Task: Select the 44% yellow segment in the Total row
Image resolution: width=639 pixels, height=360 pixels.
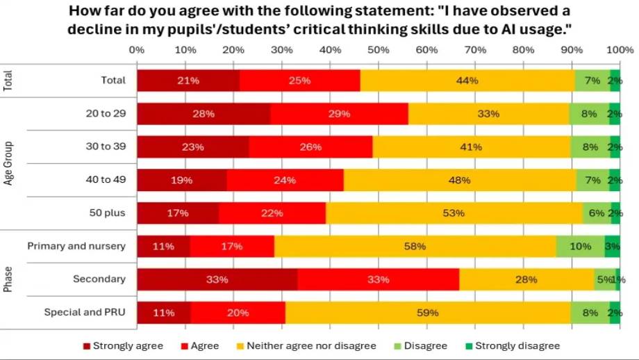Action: coord(467,81)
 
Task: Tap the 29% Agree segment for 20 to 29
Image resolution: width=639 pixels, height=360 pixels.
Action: coord(339,113)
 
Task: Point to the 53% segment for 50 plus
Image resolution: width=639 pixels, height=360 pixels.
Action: coord(454,213)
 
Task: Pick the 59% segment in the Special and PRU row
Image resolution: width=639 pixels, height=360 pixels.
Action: coord(428,313)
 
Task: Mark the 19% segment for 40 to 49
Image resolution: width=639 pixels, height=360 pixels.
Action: coord(182,180)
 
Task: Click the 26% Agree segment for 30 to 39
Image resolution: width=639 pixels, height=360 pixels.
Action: coord(310,147)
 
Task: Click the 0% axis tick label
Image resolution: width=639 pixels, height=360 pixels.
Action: coord(137,50)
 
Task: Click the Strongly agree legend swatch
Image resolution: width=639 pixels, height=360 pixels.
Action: coord(87,345)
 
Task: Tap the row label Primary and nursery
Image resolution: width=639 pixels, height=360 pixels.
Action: coord(76,246)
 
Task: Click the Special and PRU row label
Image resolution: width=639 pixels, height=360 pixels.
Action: coord(85,313)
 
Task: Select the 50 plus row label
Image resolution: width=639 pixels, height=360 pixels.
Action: coord(106,213)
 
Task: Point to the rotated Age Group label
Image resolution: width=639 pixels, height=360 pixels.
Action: coord(9,163)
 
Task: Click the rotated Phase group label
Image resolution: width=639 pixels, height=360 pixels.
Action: coord(9,279)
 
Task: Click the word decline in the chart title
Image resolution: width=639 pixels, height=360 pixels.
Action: coord(97,30)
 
